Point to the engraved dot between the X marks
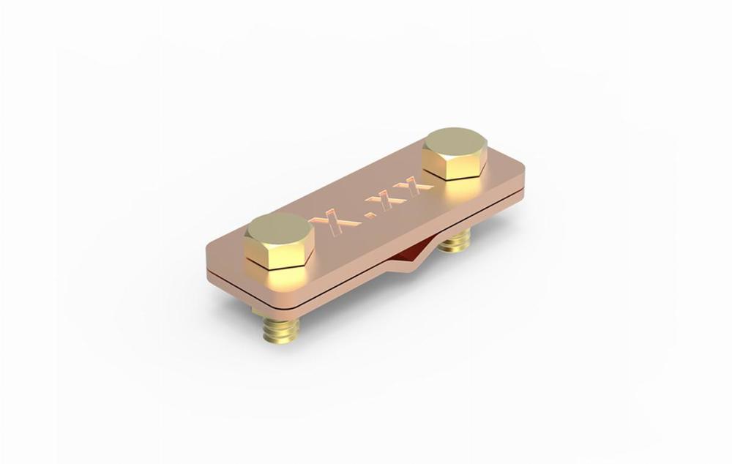(x=370, y=214)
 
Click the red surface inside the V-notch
(x=410, y=253)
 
